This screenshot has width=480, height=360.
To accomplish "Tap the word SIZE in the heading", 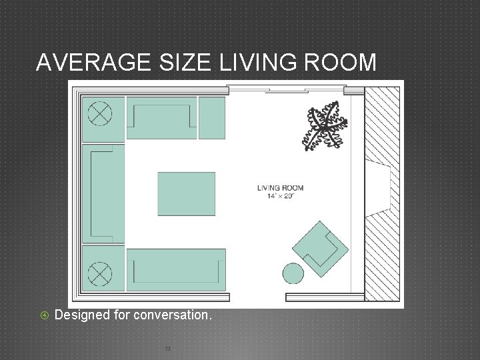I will tap(179, 63).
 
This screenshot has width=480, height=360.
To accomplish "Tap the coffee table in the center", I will tap(187, 193).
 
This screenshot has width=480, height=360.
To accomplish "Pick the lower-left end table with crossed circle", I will tap(102, 271).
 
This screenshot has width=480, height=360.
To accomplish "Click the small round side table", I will tap(293, 273).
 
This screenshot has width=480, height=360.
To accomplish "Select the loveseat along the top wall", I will tap(162, 117).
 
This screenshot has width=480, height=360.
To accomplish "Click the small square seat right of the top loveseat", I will tap(212, 117).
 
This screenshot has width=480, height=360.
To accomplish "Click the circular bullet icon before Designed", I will tap(44, 314).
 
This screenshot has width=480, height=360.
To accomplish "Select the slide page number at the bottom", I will tap(167, 347).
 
